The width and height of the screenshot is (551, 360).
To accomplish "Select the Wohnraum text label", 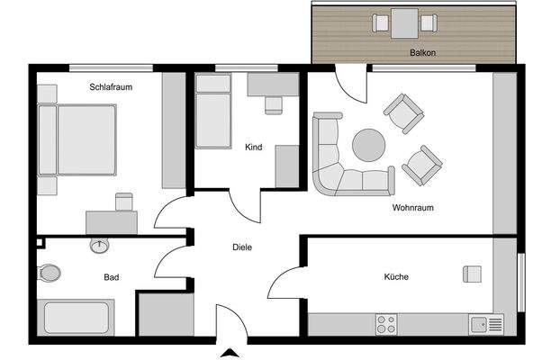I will pos(413,207).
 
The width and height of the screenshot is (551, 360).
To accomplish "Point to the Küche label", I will pos(395,277).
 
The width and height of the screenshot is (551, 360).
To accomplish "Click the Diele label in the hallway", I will pos(242,247).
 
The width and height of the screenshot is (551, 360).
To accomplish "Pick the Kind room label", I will pos(253,148).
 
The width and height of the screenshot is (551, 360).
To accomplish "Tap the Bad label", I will pos(112,277).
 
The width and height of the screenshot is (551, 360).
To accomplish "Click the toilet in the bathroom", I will pos(50,272).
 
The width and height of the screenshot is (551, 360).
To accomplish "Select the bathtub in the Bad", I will pos(77,319).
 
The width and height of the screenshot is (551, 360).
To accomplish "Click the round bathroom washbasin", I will pos(99,245).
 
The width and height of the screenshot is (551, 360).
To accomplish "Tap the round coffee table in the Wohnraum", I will pos(368,145).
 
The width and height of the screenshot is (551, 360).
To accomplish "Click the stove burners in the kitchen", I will pos(386,322).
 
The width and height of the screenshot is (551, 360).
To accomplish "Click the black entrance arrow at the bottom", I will pos(230,352).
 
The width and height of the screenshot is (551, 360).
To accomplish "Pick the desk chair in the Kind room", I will pos(273,104).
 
